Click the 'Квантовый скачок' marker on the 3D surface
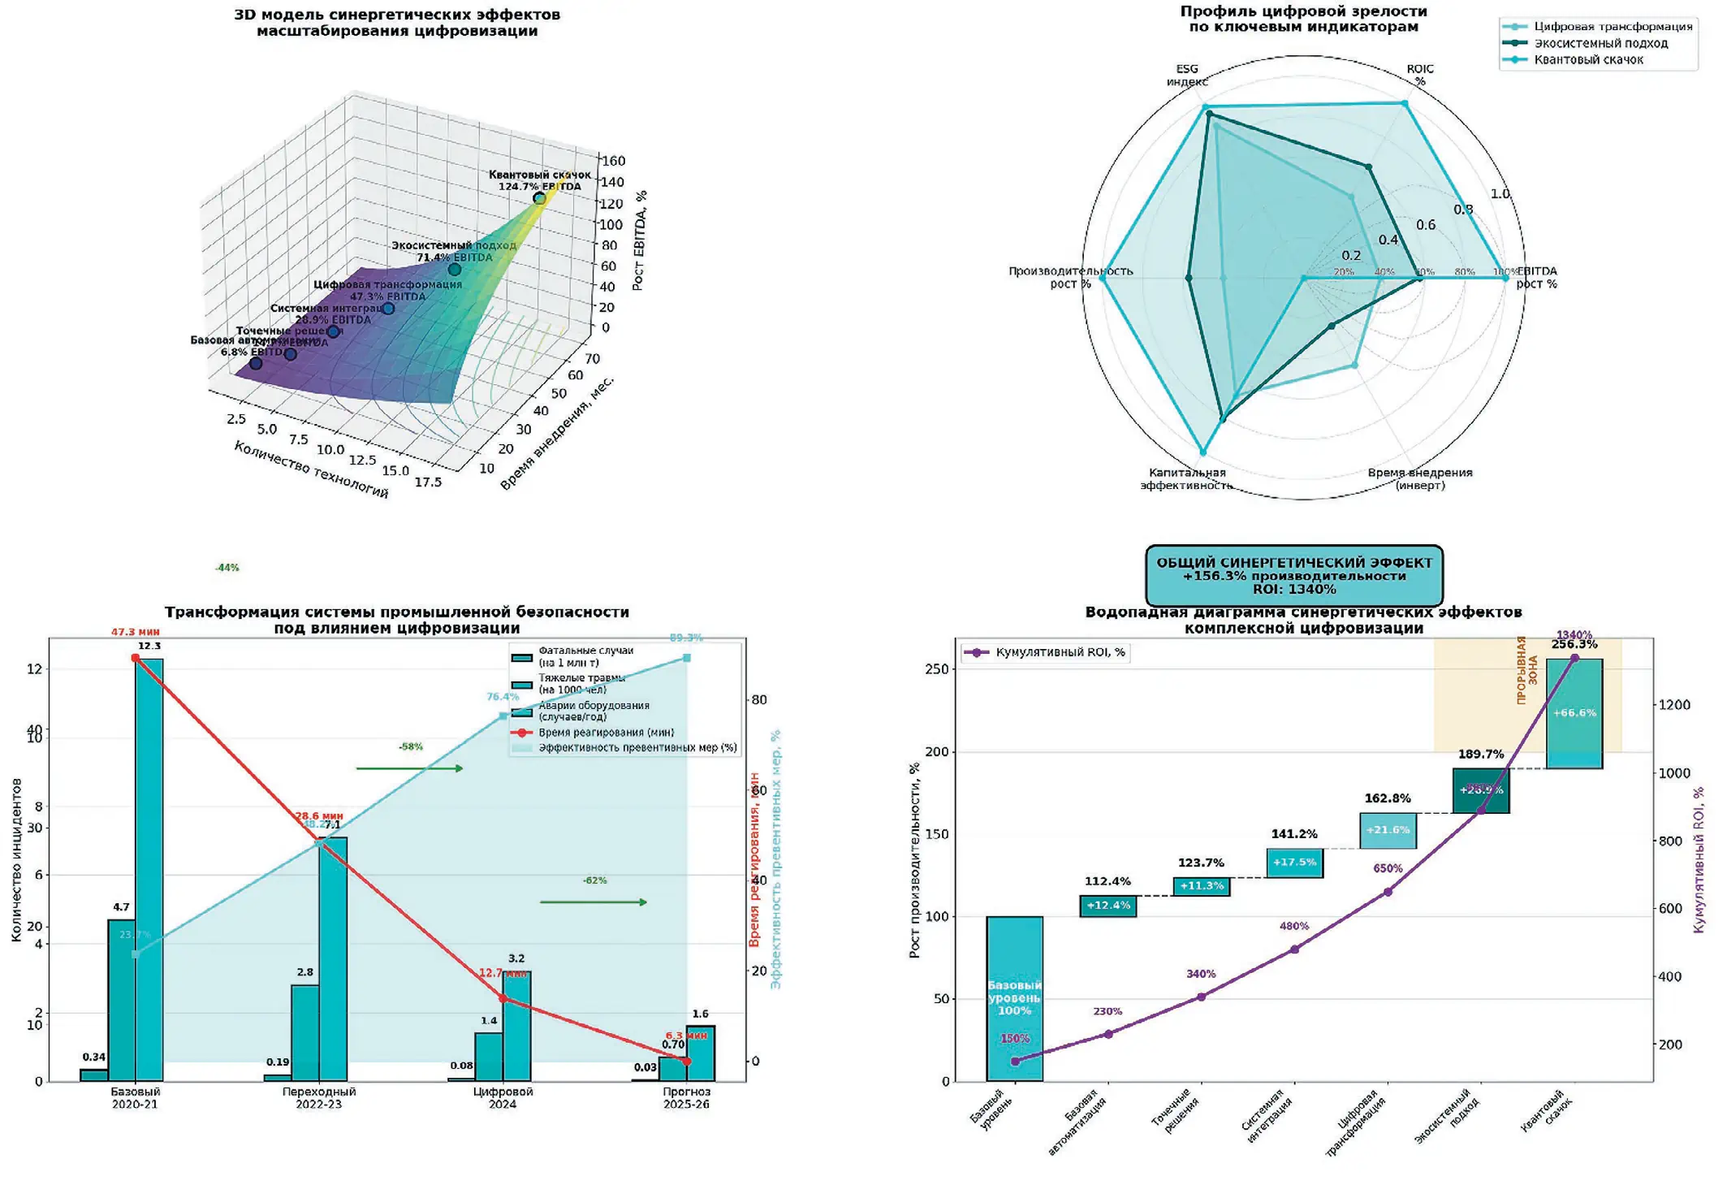[539, 198]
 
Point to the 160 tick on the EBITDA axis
[613, 161]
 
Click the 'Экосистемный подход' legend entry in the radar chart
[1600, 43]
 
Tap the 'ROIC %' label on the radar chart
[1420, 75]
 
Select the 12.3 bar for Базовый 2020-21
[149, 869]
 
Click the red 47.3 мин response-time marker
[136, 658]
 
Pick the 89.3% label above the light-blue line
[686, 638]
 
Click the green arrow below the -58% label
[409, 768]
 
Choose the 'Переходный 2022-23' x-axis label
[319, 1098]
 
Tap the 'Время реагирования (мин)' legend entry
[605, 733]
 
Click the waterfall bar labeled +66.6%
[1574, 713]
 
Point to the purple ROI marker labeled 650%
[1388, 892]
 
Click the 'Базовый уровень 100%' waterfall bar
[1014, 999]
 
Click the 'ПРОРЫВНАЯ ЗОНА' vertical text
[1527, 670]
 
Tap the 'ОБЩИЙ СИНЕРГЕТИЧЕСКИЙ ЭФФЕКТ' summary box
[1294, 575]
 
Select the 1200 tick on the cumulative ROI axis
[1673, 705]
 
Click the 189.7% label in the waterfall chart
[1480, 755]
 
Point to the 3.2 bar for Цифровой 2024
[516, 1027]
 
